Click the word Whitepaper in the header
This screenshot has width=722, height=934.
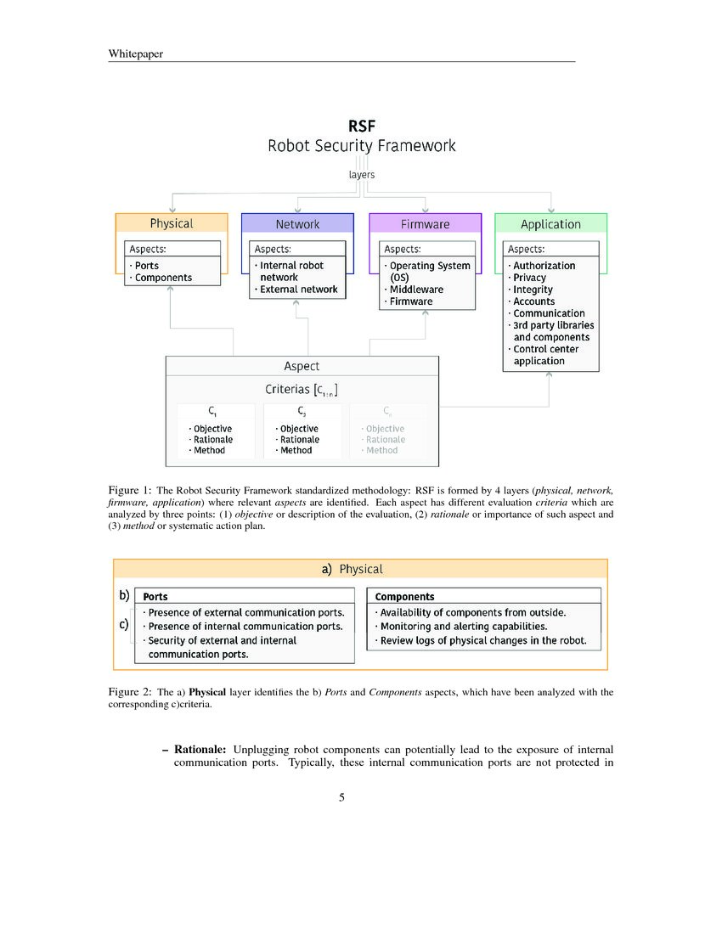point(136,54)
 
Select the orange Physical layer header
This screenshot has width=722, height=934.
point(172,223)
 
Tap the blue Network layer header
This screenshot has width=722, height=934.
point(297,224)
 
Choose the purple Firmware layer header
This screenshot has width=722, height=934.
point(425,224)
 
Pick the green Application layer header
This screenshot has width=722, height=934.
point(550,224)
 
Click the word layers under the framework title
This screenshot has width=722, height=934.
point(362,175)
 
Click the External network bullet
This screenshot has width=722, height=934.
point(298,290)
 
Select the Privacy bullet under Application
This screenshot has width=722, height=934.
point(529,278)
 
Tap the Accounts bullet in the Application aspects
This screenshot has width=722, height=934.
point(533,301)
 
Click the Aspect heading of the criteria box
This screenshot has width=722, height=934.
point(302,366)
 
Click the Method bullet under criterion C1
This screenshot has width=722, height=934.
point(209,451)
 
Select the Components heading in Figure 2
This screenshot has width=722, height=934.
point(404,597)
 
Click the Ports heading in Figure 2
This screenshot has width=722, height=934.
point(155,597)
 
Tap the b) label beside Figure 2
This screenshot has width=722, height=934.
point(124,596)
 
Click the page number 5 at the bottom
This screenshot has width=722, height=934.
point(341,797)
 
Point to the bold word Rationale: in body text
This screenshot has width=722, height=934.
point(200,750)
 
